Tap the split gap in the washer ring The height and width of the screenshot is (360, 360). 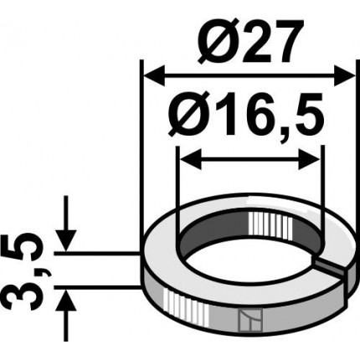click(x=333, y=267)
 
